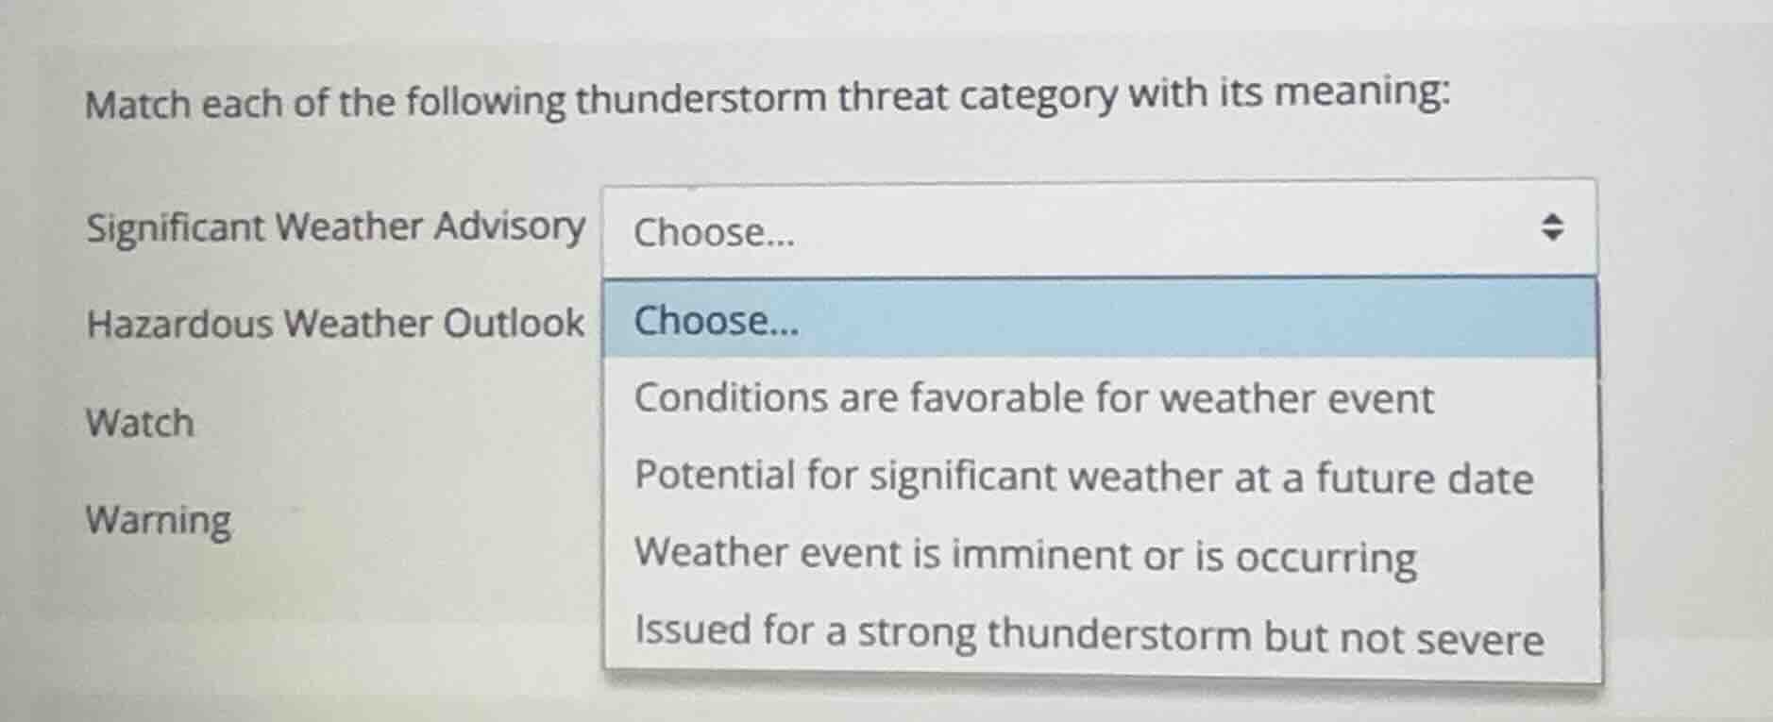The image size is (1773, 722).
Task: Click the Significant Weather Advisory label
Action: (x=335, y=228)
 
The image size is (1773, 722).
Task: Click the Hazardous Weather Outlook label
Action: (x=335, y=324)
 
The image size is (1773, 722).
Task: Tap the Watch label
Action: (x=140, y=423)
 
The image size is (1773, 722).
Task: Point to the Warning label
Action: (x=159, y=520)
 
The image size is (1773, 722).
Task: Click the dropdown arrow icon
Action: (x=1552, y=227)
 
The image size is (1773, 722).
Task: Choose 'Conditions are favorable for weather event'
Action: (x=1034, y=398)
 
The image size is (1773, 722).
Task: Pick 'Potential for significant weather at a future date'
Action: (x=1083, y=477)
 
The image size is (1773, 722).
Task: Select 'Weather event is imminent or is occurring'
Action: (x=1024, y=555)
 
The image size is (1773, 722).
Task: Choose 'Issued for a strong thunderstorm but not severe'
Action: (x=1089, y=633)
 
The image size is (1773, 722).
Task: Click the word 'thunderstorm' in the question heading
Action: (x=700, y=98)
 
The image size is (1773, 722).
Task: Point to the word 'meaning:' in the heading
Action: (x=1362, y=92)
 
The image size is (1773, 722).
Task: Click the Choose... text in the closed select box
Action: (x=714, y=232)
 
